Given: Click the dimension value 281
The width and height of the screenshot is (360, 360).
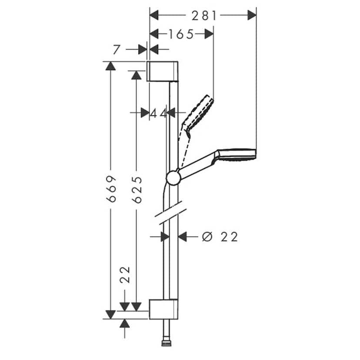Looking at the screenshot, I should tap(204, 16).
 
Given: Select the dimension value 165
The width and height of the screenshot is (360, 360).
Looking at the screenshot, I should tap(181, 34).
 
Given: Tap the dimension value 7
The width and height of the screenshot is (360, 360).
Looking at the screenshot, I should tap(116, 50).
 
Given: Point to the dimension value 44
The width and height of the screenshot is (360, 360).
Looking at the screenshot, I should tap(158, 113).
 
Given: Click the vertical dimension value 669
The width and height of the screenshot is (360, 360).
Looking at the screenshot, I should tap(112, 189).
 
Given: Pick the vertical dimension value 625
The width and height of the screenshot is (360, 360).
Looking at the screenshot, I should tap(137, 190).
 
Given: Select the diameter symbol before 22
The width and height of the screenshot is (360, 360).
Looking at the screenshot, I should tap(207, 237).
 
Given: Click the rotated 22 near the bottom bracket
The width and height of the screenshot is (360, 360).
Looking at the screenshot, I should tap(125, 275).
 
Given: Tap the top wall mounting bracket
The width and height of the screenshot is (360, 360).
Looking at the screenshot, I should tap(163, 71).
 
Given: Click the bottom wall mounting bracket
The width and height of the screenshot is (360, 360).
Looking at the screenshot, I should tap(163, 309).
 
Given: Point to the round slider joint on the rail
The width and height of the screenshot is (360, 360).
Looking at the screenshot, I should tap(173, 178).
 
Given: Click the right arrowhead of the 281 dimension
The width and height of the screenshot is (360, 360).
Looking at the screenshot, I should tap(252, 16).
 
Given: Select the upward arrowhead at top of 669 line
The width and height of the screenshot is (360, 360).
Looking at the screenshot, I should tap(112, 66).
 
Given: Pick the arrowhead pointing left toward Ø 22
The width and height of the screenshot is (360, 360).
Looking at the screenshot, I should tap(183, 237).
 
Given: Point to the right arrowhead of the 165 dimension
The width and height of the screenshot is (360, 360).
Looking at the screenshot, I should tap(209, 34).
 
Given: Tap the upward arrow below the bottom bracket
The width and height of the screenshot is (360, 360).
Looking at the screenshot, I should tap(125, 323).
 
